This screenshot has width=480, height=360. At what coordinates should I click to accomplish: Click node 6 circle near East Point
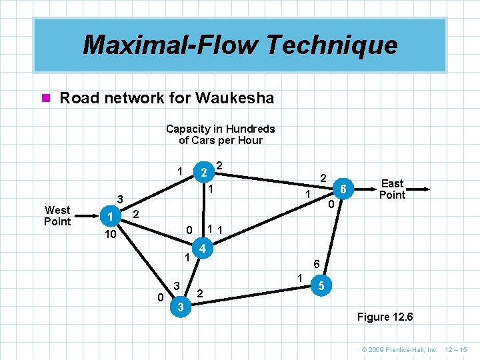(343, 189)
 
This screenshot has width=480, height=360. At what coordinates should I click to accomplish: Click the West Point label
(57, 216)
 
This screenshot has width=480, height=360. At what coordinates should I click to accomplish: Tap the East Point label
(392, 189)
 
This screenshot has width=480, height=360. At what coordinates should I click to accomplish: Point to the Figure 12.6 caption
(385, 317)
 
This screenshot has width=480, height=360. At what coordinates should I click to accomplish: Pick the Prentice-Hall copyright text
(399, 349)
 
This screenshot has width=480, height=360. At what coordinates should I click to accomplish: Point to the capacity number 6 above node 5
(317, 264)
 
